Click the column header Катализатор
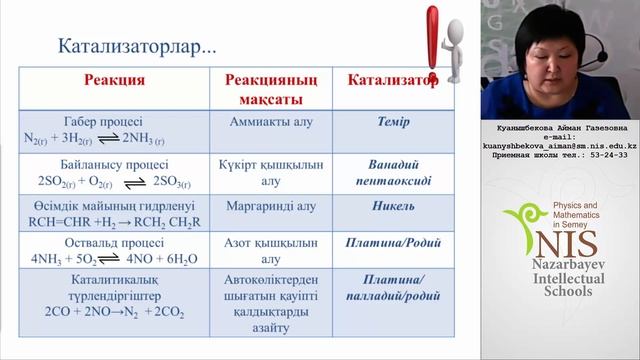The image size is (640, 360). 392,81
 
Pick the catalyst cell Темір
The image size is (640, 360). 392,122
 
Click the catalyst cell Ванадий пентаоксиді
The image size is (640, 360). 392,173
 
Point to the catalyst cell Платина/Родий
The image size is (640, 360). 392,244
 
